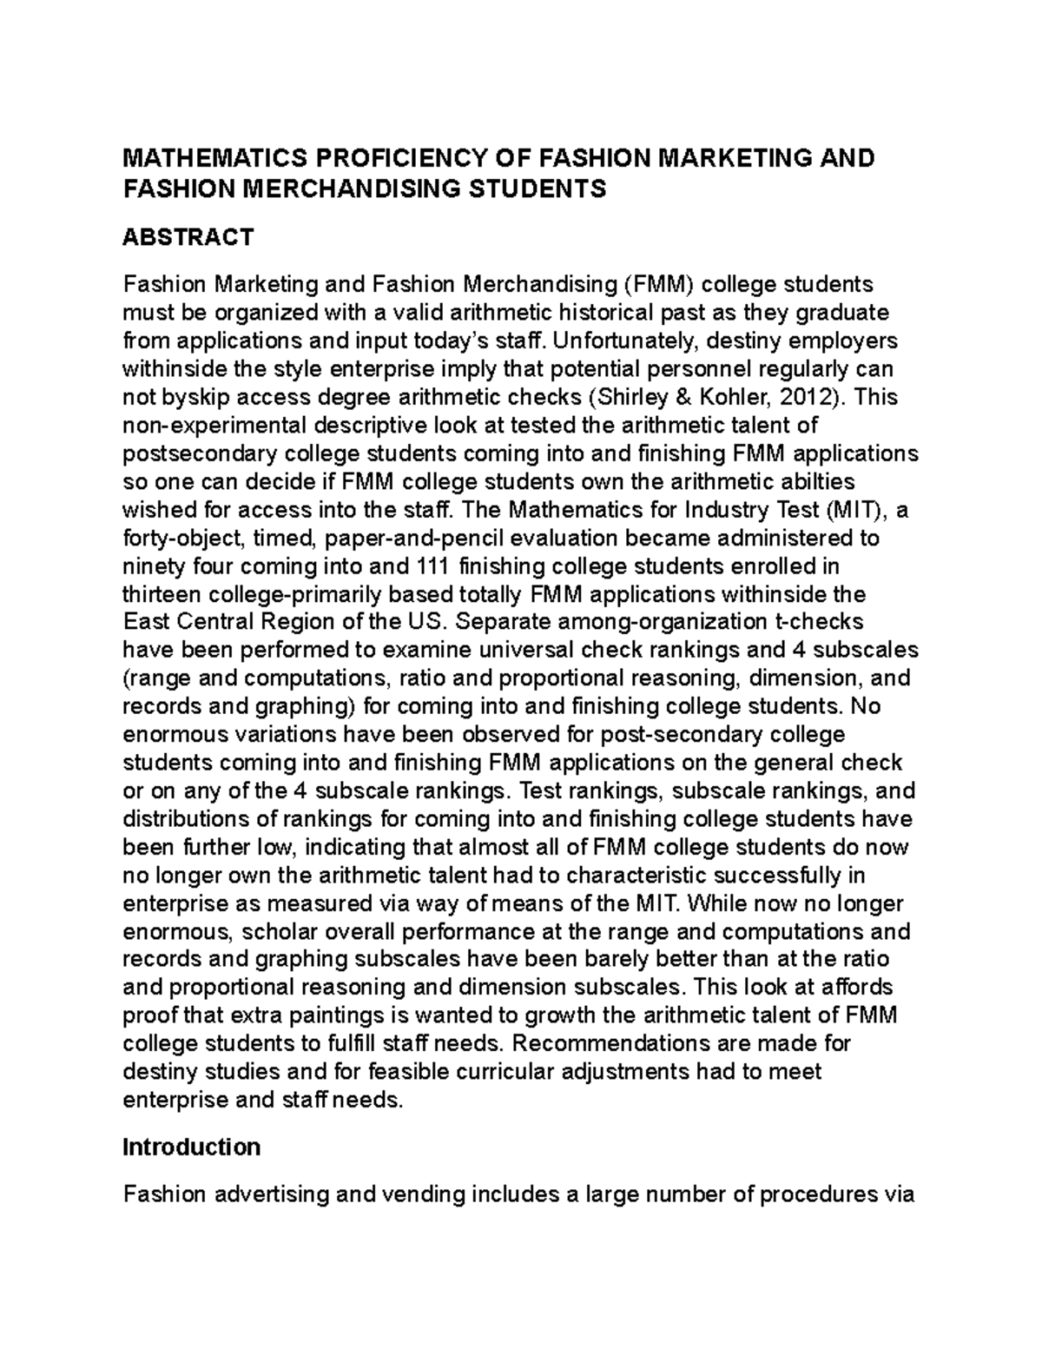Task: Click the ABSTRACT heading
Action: (188, 236)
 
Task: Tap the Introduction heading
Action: (191, 1147)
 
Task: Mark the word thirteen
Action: (162, 595)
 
